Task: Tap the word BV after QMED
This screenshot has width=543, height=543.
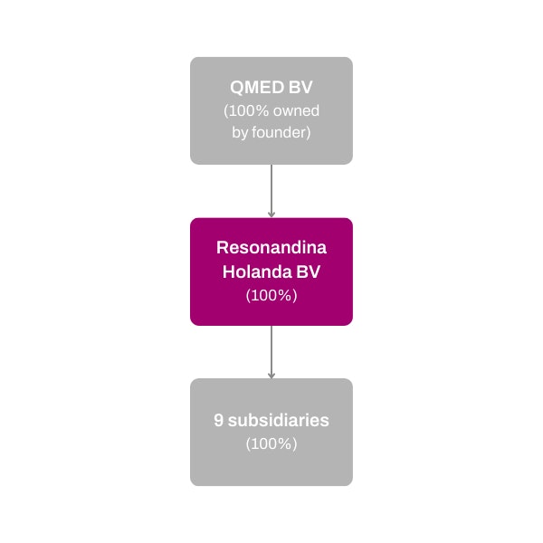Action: pos(300,87)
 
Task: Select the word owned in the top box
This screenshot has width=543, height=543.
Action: pos(296,110)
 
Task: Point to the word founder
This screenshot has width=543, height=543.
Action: pos(281,133)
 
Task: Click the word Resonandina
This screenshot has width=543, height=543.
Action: pos(271,248)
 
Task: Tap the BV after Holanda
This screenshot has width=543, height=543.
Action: pos(309,271)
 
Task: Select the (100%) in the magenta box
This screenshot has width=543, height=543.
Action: pos(271,295)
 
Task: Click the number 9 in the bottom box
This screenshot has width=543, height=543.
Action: pos(218,420)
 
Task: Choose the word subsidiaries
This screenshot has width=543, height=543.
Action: pos(279,420)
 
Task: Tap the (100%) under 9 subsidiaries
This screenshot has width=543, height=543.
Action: pos(271,443)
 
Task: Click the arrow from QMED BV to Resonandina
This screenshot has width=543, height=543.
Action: pos(271,191)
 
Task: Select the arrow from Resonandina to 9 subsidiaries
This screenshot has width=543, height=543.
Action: pos(271,352)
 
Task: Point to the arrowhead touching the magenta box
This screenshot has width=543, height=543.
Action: pos(271,215)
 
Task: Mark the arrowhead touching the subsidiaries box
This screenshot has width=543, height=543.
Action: pos(271,376)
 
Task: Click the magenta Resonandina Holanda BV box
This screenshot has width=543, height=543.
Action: pos(271,271)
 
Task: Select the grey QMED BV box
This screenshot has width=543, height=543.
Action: pos(271,110)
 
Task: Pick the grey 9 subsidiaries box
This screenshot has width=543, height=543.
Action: pos(271,433)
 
